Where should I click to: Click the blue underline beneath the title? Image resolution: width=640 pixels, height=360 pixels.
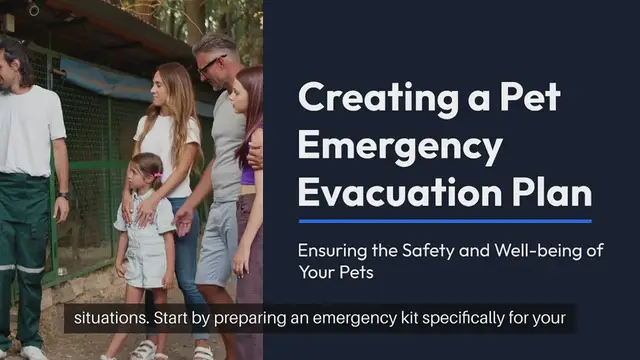[445, 221]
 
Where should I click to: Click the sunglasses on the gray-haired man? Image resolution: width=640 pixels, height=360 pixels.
[209, 67]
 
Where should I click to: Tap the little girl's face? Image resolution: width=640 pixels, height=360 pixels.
[149, 174]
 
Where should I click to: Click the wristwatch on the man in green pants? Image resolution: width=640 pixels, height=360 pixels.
[64, 195]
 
